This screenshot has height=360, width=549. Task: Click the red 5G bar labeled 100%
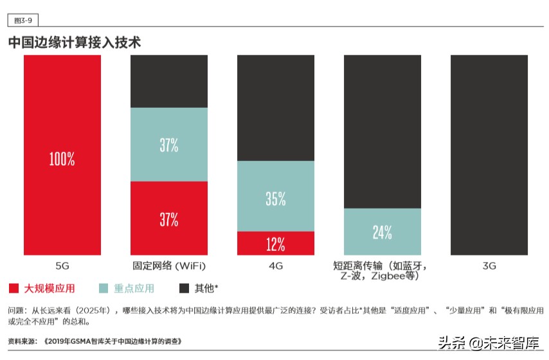62,155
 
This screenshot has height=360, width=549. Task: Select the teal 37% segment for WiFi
169,144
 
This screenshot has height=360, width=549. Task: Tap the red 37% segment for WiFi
169,218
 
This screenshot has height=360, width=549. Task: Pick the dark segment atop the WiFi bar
169,81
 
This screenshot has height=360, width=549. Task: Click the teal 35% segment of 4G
276,196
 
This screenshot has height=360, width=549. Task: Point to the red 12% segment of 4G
276,243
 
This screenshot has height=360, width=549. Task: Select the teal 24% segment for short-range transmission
382,232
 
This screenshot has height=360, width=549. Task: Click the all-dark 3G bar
489,155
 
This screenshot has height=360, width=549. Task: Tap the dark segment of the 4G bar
276,107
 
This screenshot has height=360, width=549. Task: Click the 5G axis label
62,266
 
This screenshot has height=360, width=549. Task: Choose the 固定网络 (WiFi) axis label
169,266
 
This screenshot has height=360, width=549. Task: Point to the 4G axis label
276,266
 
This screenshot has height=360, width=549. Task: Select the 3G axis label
489,266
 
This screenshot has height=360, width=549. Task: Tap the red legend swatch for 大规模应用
14,288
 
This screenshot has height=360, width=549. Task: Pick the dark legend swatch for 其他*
184,288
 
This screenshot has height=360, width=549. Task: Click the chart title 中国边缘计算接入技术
75,43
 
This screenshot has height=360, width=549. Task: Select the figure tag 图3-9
22,20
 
